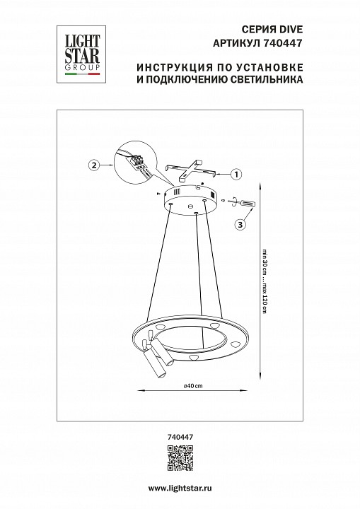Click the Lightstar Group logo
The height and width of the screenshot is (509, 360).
[x=78, y=49]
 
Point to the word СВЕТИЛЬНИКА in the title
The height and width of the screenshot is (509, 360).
[x=266, y=81]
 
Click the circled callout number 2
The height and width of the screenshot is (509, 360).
[x=93, y=166]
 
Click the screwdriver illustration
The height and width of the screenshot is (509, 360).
[x=243, y=204]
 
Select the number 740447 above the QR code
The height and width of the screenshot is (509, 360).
[x=180, y=438]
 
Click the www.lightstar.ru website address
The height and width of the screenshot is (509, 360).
[x=180, y=489]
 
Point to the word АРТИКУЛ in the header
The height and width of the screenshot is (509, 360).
[x=238, y=42]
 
